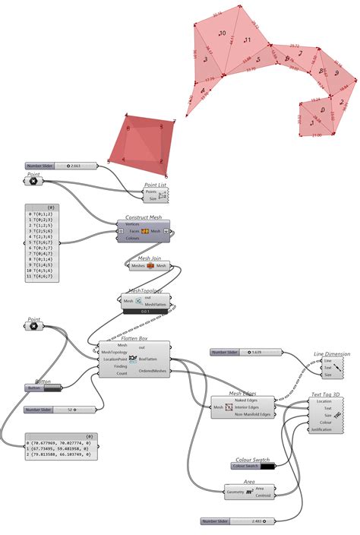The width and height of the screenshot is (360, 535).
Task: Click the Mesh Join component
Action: pos(149,266)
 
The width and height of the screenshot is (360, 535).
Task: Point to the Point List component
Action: pos(156,195)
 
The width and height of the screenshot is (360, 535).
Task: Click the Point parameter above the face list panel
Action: pos(33,181)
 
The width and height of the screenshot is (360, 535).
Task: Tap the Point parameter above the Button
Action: pos(33,326)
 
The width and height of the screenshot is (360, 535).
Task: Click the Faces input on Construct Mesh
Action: pos(133,230)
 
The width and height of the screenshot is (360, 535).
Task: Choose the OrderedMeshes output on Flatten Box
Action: pos(154,371)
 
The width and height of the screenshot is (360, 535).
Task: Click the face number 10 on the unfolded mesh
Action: pos(222,34)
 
